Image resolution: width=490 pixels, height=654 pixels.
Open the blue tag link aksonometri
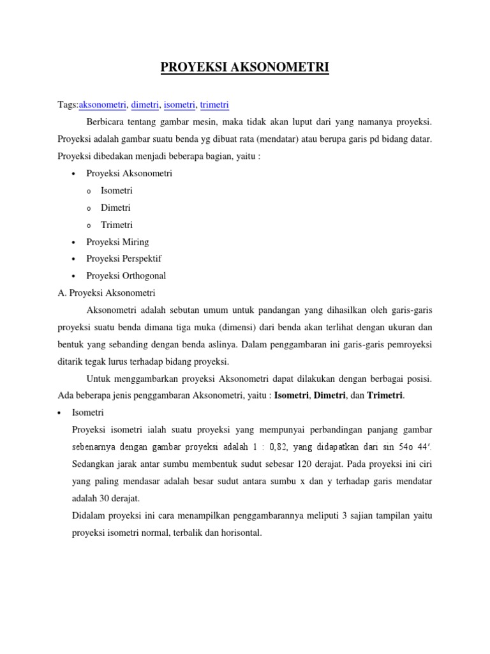tap(102, 105)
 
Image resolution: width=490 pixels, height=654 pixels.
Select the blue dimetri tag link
tap(145, 105)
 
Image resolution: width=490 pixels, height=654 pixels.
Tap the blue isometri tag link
tap(179, 105)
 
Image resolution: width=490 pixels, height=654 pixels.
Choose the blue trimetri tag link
tap(214, 105)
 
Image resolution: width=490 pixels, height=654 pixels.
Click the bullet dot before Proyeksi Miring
tap(75, 243)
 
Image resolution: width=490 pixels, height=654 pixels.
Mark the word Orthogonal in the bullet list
tap(144, 277)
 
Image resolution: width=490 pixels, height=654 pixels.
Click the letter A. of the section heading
tap(61, 293)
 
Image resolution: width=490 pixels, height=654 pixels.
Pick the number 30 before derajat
tap(103, 498)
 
